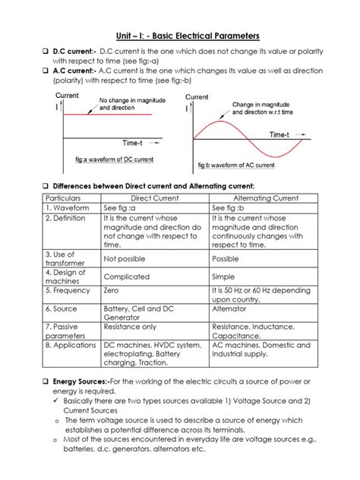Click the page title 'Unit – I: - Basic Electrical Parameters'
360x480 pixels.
180,36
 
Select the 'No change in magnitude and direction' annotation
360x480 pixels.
126,104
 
